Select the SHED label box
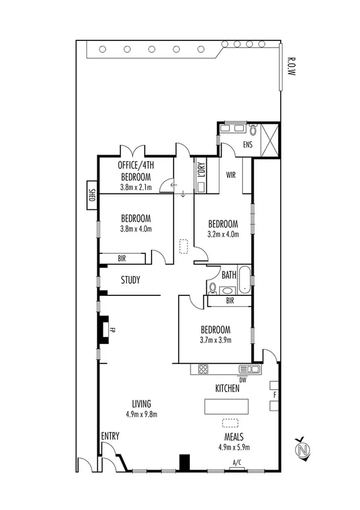92,195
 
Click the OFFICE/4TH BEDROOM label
135,170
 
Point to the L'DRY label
201,174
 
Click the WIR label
231,176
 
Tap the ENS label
247,145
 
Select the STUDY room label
130,280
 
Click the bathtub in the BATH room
244,280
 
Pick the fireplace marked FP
105,330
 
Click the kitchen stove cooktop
203,369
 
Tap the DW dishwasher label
243,380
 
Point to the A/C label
237,462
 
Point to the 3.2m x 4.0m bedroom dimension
223,234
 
